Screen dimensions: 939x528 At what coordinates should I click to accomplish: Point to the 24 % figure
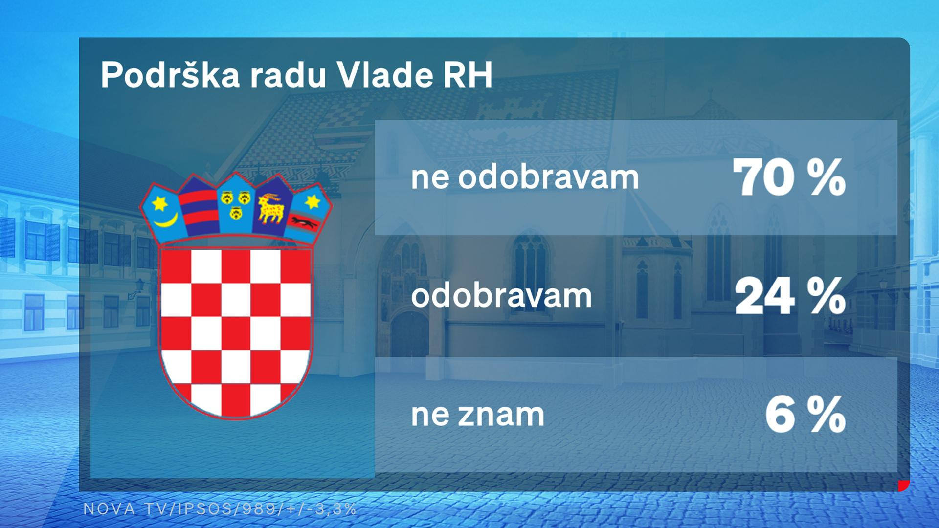790,296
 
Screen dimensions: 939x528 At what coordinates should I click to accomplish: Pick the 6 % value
805,415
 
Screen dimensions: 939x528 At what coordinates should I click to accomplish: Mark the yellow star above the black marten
312,201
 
